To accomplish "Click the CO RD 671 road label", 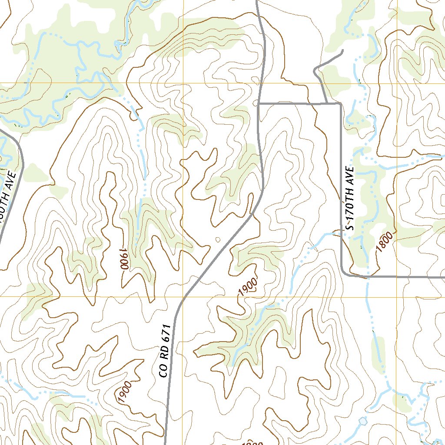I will (x=163, y=351).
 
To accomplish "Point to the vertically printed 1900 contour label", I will (x=124, y=259).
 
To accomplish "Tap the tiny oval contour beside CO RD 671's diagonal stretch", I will (x=218, y=239).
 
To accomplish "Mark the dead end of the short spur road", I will (x=342, y=51).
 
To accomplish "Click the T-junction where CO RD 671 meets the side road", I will (x=259, y=104).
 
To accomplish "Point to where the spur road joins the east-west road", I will (x=326, y=103).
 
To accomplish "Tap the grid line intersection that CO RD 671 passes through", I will (x=183, y=297).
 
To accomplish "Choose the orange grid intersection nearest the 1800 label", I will (x=397, y=297).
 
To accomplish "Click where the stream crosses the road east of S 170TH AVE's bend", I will (x=368, y=277).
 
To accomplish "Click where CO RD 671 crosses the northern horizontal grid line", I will (x=261, y=83).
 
